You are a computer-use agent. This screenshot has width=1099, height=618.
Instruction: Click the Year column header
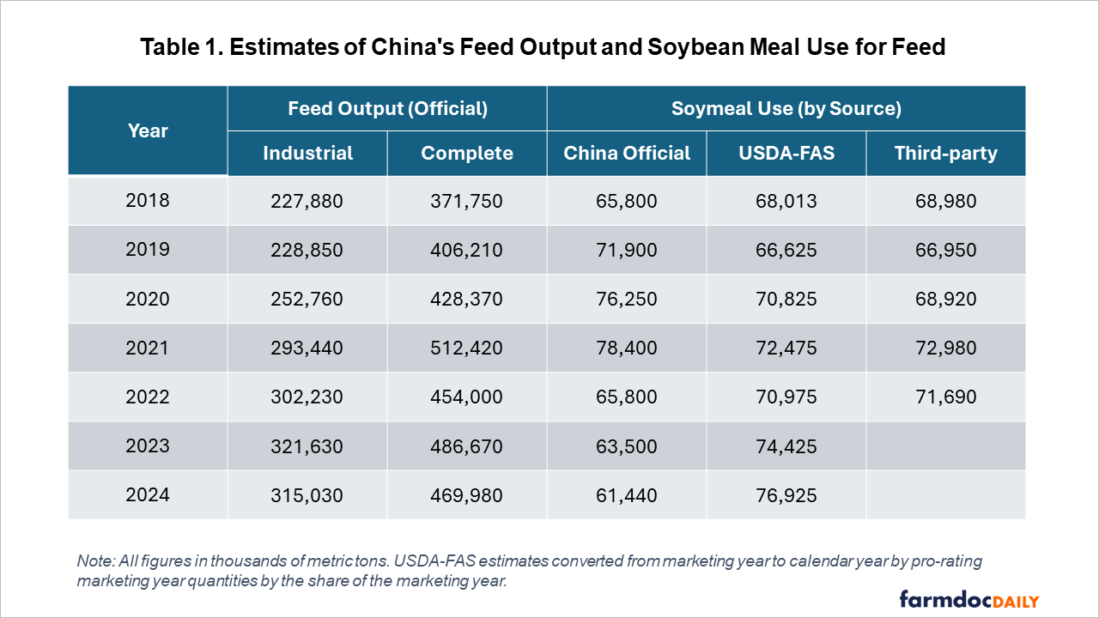click(x=148, y=131)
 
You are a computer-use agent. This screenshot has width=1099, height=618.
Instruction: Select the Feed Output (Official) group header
click(x=387, y=109)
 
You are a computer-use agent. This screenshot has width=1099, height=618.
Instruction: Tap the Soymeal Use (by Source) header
click(x=786, y=109)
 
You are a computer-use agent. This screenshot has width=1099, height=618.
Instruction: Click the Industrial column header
click(x=307, y=154)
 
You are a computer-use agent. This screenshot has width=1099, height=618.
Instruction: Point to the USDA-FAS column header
click(x=786, y=154)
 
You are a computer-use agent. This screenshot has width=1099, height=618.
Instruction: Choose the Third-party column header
click(x=945, y=154)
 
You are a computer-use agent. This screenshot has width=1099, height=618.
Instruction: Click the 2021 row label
click(x=148, y=348)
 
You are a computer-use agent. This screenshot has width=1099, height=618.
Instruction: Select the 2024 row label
click(x=148, y=495)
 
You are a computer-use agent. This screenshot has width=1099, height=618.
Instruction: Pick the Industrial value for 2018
click(x=307, y=201)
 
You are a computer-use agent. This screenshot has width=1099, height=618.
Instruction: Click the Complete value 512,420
click(x=467, y=348)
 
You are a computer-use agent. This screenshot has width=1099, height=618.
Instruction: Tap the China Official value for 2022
click(x=626, y=397)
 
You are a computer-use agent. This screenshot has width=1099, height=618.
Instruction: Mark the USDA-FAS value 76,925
click(x=786, y=495)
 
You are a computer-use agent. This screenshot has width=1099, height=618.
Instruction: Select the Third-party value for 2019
click(x=945, y=250)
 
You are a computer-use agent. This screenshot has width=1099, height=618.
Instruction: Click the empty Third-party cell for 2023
click(x=945, y=446)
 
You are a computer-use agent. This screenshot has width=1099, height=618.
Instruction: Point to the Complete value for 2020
click(x=467, y=299)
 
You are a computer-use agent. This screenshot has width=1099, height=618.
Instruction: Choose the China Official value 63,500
click(x=626, y=446)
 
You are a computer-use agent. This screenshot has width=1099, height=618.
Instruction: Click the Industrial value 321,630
click(x=307, y=446)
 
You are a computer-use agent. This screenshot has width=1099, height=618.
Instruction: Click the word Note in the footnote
click(x=93, y=561)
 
